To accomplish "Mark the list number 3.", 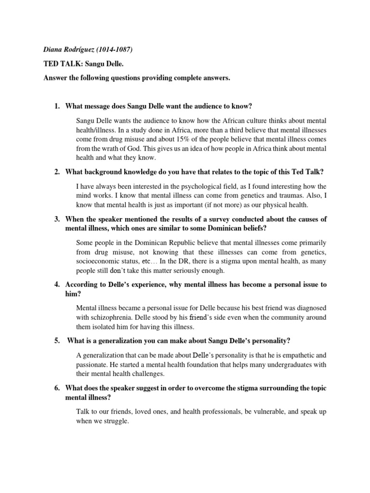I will click(57, 219).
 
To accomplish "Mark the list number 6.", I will click(57, 388).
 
